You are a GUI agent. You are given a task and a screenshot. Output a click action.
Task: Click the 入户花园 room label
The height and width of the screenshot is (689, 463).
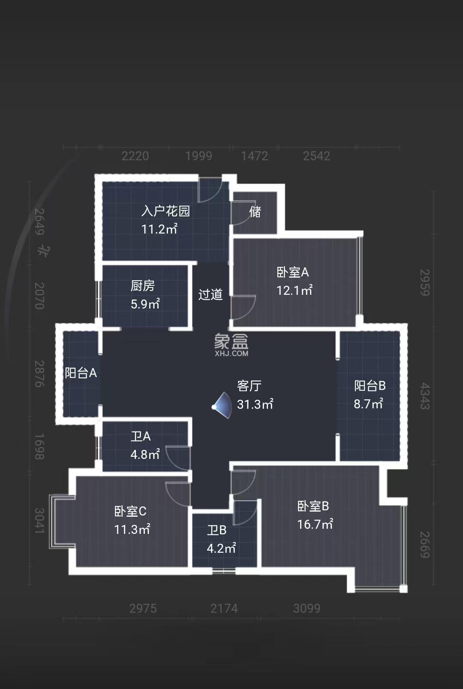click(x=165, y=211)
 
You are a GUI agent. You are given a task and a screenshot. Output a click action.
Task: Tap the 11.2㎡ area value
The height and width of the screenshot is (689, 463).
click(x=159, y=229)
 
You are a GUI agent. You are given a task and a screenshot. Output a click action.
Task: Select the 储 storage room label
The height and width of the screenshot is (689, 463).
click(x=255, y=212)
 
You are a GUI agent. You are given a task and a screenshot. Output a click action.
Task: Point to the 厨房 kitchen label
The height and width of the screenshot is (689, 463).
click(x=143, y=285)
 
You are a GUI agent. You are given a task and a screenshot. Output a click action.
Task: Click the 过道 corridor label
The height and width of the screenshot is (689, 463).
click(x=210, y=294)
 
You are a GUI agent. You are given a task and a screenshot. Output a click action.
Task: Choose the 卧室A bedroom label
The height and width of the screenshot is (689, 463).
click(x=292, y=272)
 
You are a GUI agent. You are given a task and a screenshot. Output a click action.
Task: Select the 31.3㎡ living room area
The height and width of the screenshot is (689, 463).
click(x=255, y=404)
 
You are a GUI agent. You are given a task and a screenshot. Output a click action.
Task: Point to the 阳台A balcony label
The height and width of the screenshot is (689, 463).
click(x=81, y=373)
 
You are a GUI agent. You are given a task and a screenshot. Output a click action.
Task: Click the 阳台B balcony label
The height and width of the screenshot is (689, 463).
click(x=370, y=386)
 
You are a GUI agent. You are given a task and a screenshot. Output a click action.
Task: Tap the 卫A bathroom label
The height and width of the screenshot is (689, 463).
click(x=141, y=436)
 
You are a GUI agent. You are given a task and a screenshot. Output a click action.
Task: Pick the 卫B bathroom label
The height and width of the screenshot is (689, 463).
click(x=216, y=530)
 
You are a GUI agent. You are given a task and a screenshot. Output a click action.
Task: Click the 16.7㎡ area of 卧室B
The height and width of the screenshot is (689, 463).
click(x=315, y=524)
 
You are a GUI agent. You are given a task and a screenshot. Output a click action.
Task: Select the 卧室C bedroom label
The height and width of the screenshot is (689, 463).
click(x=130, y=511)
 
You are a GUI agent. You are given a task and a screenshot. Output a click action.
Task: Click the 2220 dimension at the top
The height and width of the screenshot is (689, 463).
click(x=135, y=156)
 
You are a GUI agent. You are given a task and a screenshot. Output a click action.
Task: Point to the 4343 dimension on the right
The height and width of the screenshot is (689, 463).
click(x=424, y=396)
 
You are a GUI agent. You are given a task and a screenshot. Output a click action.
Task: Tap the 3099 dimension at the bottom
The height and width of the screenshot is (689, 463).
click(x=307, y=608)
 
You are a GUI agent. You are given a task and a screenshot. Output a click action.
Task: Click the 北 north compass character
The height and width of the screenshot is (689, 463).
click(x=43, y=251)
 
